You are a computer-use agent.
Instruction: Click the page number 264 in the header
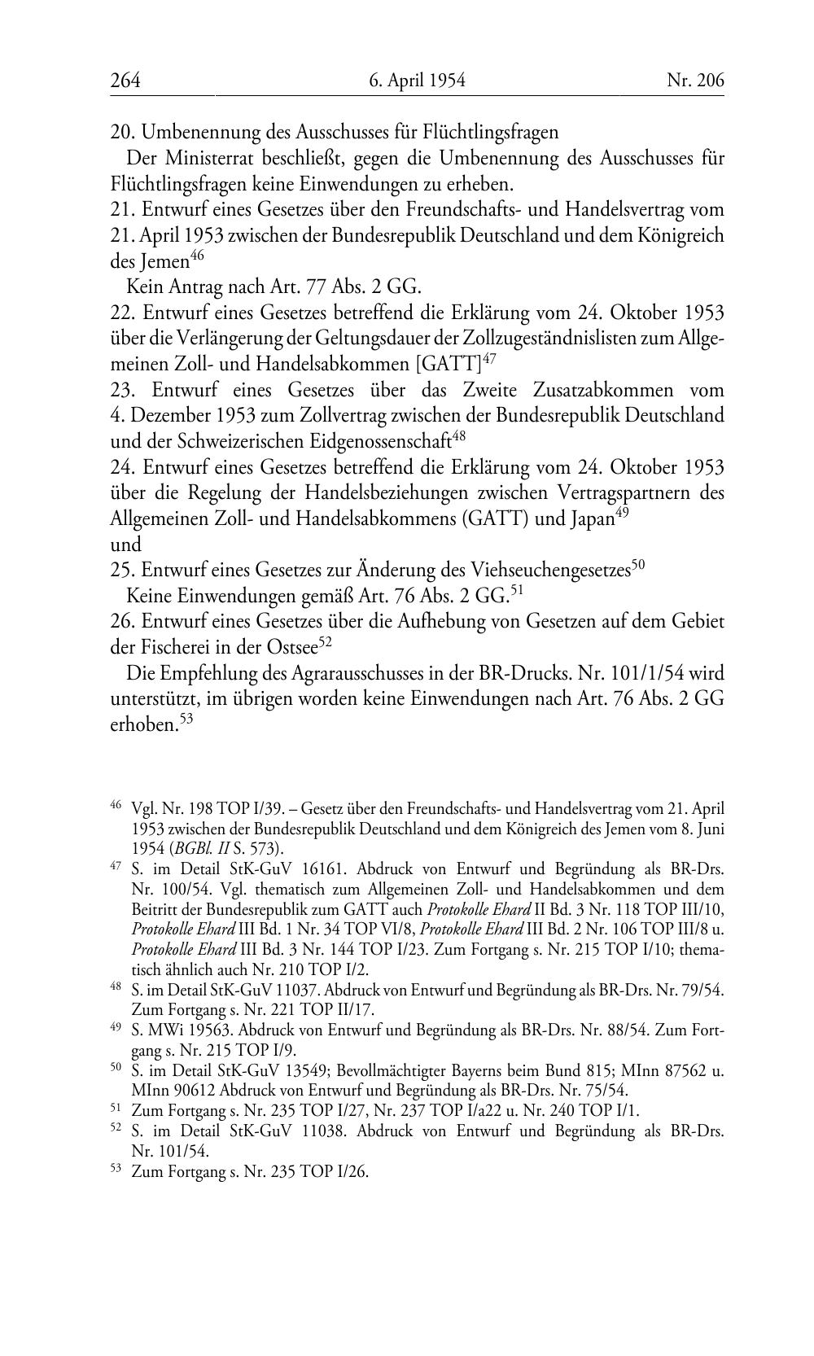[125, 80]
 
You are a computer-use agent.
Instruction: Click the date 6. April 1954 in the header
[416, 80]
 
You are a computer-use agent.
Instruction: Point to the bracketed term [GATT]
[448, 364]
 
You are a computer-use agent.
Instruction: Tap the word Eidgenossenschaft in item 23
[382, 442]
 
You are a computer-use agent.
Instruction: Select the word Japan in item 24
[587, 519]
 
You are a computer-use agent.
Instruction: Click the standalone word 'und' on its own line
[125, 545]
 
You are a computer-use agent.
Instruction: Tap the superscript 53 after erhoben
[186, 720]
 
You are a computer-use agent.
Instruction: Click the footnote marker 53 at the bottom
[116, 1170]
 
